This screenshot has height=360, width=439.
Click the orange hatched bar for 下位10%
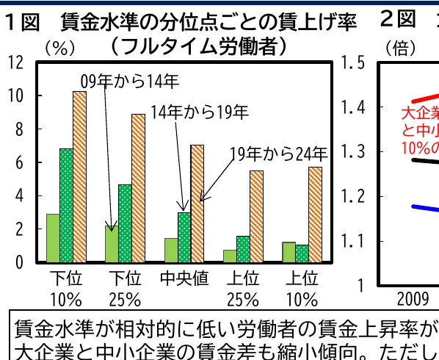pos(79,176)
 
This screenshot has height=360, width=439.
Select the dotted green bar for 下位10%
pos(66,205)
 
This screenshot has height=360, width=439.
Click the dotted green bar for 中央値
pos(184,237)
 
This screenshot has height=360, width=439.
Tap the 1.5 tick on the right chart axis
pos(353,62)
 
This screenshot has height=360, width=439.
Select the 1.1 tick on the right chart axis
pos(353,241)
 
